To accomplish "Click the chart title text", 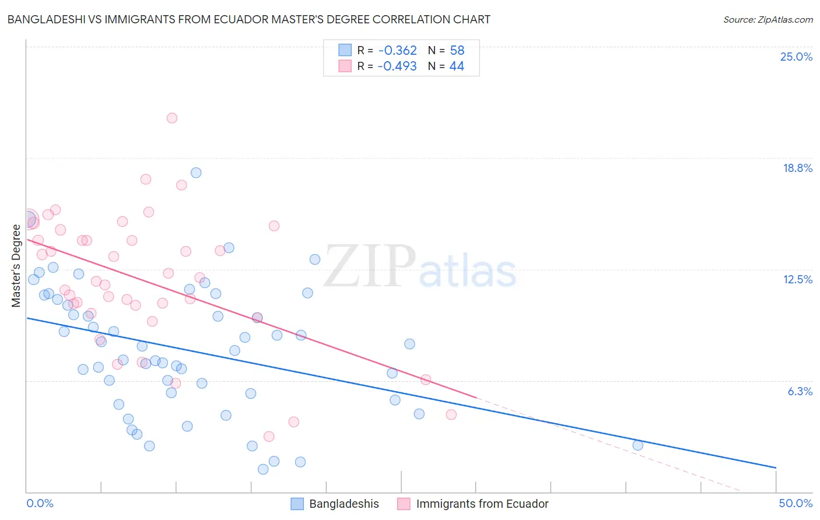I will [248, 19].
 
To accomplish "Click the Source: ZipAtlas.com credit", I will [768, 19].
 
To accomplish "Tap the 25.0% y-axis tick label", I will [796, 57].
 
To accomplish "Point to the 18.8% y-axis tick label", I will [797, 168].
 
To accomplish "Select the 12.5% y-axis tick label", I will [797, 279].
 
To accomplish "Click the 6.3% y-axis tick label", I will [800, 391].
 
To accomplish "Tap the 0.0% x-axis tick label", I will [40, 503].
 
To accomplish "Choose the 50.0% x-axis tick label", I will [796, 503].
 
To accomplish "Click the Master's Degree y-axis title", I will [16, 265].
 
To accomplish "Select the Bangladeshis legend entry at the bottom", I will [344, 504].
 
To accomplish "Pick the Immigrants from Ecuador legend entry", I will [482, 504].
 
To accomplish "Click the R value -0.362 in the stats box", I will [397, 50].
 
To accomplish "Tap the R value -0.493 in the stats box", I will [397, 66].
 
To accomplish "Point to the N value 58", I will [457, 50].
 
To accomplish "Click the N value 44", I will [457, 66].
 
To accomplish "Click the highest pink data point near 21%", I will [171, 118].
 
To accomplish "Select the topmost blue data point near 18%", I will [196, 173].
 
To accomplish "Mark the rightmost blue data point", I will [637, 445].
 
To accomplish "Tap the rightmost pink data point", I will [451, 414].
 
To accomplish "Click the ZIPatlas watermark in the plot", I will [420, 268].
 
